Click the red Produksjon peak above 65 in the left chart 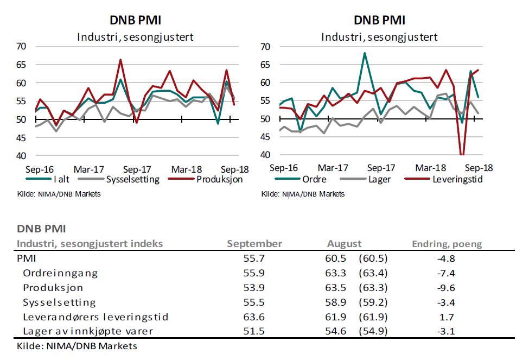120,60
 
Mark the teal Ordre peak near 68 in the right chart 365,53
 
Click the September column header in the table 254,244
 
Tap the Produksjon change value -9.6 449,288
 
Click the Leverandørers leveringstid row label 95,317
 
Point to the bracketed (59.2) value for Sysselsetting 373,302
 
